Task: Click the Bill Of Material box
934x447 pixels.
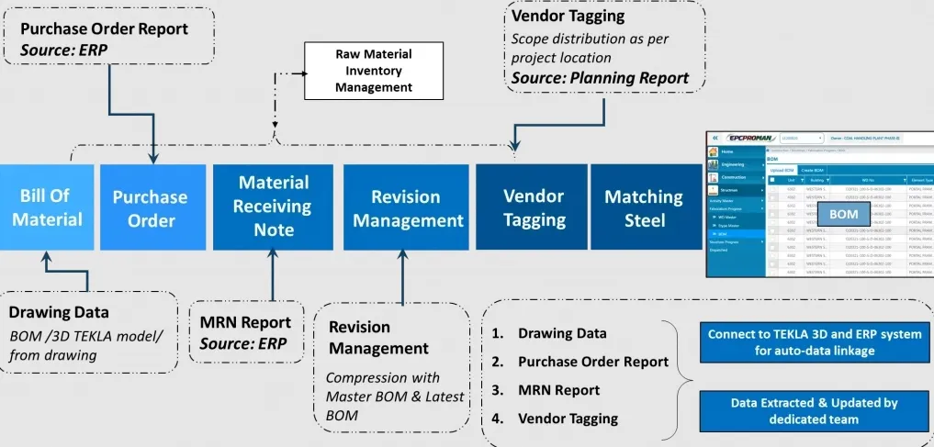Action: click(x=46, y=207)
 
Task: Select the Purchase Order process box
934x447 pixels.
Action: click(x=151, y=208)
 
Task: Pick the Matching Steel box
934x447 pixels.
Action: click(x=643, y=207)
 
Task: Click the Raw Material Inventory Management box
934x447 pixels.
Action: click(x=373, y=69)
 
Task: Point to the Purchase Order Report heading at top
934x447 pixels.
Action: click(x=104, y=28)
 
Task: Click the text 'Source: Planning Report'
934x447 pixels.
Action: click(x=600, y=79)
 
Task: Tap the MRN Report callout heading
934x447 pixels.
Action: click(x=245, y=322)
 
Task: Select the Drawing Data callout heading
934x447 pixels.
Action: click(x=59, y=312)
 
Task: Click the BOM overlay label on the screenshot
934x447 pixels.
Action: click(x=842, y=214)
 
